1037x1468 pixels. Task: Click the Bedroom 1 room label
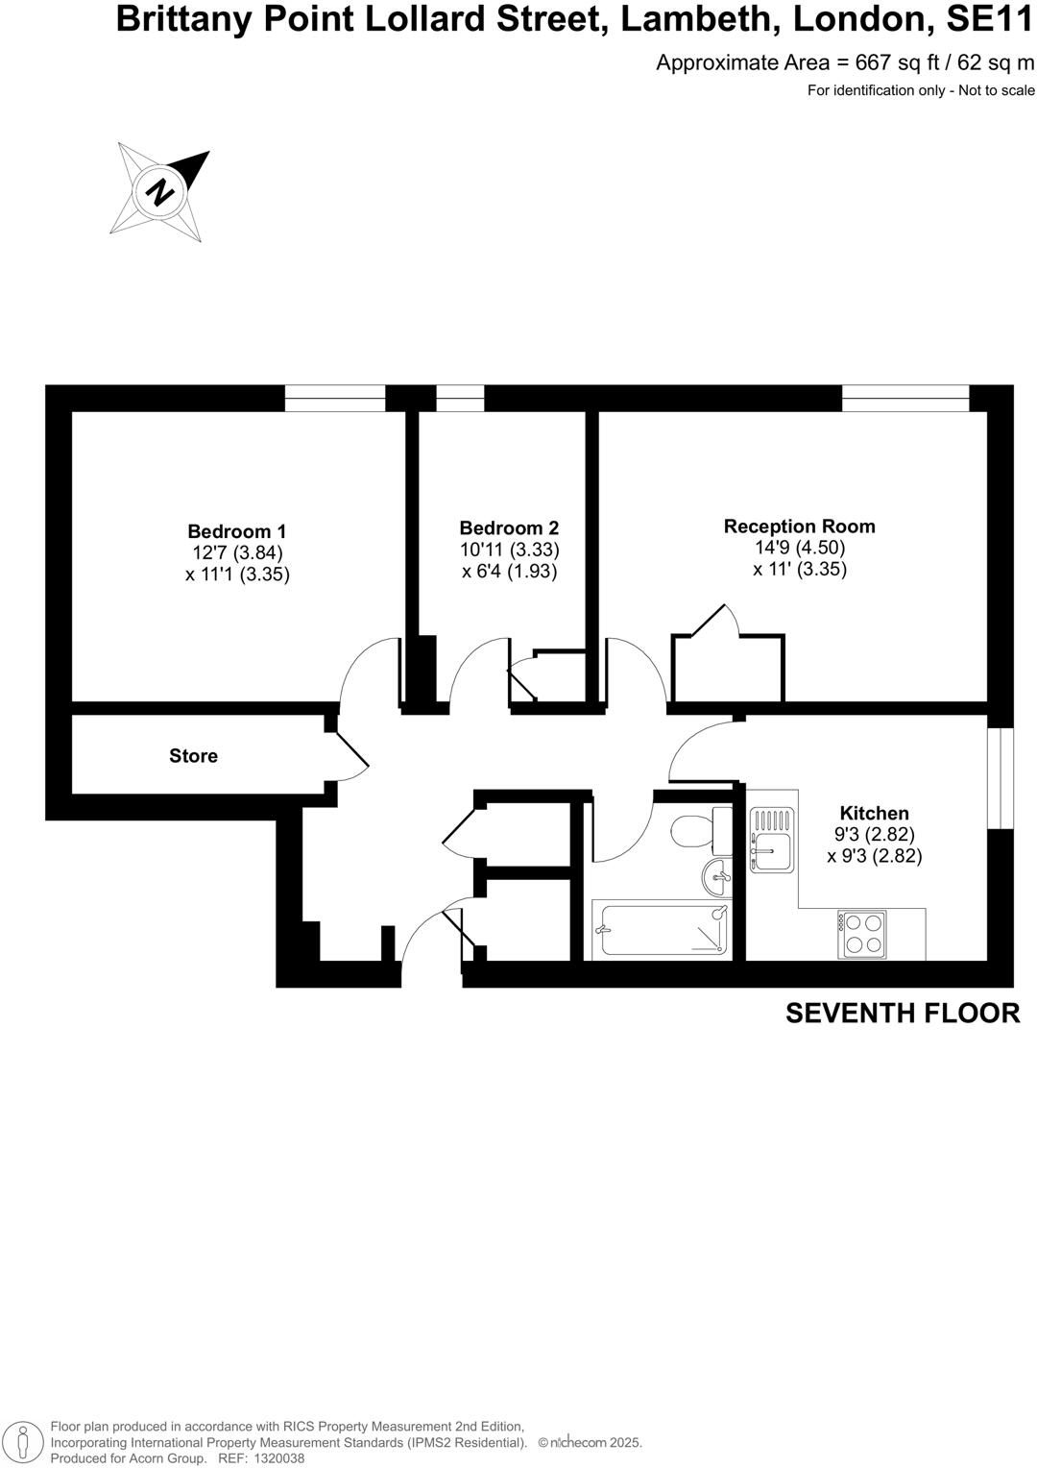pos(236,531)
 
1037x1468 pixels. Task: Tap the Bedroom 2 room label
pos(509,528)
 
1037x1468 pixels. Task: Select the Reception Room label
pos(799,526)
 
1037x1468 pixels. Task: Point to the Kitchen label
pos(874,813)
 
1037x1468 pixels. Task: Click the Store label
pos(193,756)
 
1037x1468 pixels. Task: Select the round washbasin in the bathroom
pos(716,876)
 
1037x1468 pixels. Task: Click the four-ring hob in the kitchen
pos(861,933)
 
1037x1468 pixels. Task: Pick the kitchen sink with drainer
pos(772,839)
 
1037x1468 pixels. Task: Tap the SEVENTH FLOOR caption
pos(903,1013)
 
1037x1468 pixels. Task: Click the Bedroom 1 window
pos(335,399)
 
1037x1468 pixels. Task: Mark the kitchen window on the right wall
pos(1001,777)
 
